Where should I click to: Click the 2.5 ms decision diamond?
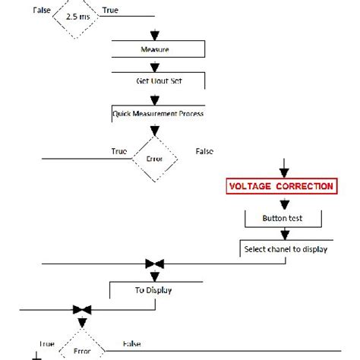coord(77,15)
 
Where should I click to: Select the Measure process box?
coord(155,49)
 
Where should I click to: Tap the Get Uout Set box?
coord(155,78)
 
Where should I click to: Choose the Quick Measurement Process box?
coord(158,113)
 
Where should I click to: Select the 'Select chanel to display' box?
coord(285,248)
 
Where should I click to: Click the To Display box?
coord(155,289)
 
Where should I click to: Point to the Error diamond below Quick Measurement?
coord(155,159)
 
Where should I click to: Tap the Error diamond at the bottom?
coord(82,351)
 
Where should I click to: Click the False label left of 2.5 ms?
coord(42,9)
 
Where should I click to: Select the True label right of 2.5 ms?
coord(110,9)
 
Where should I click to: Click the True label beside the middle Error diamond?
coord(119,151)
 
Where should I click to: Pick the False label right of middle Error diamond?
coord(204,151)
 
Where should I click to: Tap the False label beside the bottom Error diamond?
coord(132,343)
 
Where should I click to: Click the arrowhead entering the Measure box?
coord(155,36)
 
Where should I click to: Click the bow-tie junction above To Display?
coord(155,264)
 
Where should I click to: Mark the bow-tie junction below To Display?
coord(82,309)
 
